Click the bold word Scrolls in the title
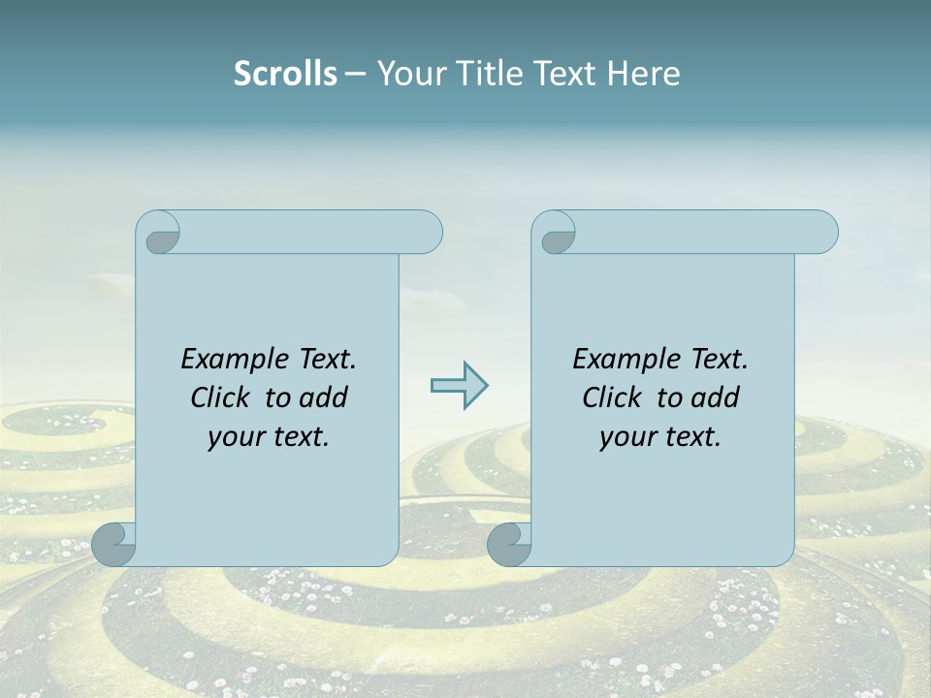pyautogui.click(x=285, y=74)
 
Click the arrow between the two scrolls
pyautogui.click(x=459, y=386)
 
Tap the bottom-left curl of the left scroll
pyautogui.click(x=114, y=544)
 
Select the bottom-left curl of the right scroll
pyautogui.click(x=509, y=544)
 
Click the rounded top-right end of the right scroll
pyautogui.click(x=823, y=232)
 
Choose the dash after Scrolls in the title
pyautogui.click(x=355, y=75)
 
